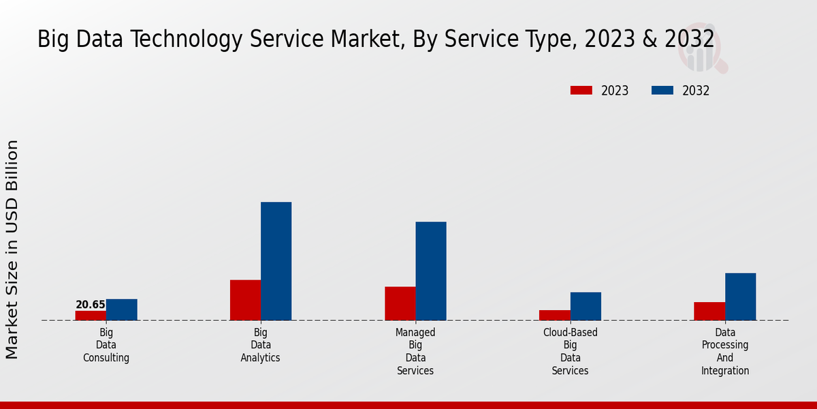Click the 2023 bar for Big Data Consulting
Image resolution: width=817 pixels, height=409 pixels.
(x=91, y=316)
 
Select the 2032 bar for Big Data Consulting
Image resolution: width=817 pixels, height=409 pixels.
(x=122, y=309)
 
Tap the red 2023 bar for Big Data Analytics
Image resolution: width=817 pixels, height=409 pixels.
(x=245, y=300)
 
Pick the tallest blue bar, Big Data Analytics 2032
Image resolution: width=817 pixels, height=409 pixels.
(x=276, y=261)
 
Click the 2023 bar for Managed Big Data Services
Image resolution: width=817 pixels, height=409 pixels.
(x=400, y=303)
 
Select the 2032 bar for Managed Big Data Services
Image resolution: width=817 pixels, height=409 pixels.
(x=431, y=271)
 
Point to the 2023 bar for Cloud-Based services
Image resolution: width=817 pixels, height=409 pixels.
(x=555, y=315)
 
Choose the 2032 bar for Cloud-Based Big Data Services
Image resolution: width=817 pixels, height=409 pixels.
(x=586, y=306)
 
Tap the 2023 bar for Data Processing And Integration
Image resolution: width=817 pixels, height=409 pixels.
(x=709, y=311)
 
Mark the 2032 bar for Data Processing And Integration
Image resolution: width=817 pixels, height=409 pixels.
(x=740, y=297)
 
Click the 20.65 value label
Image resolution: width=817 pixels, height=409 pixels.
(x=91, y=305)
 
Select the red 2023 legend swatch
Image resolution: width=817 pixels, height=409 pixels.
(x=581, y=91)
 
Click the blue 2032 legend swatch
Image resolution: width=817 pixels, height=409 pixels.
(x=662, y=91)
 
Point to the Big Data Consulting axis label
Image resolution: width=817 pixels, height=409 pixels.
(x=106, y=345)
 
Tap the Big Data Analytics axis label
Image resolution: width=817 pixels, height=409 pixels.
(x=261, y=345)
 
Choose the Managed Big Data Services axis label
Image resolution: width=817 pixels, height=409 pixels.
(x=415, y=351)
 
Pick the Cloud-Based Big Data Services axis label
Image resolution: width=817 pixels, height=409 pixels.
(x=571, y=351)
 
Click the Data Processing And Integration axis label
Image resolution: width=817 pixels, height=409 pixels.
(x=725, y=351)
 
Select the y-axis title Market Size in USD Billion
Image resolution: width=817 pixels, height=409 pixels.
(x=12, y=249)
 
